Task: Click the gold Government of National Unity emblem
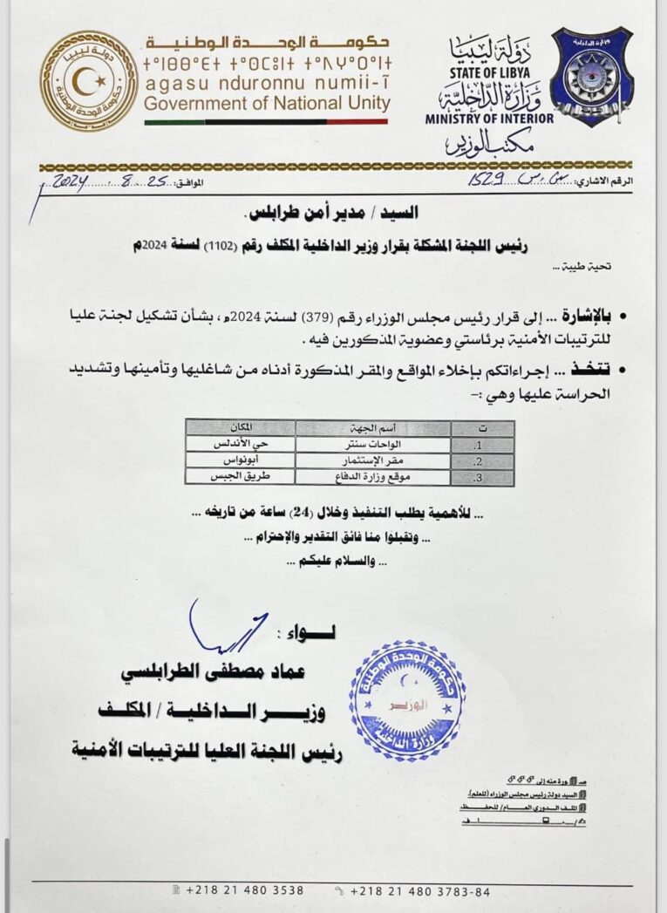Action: (x=88, y=79)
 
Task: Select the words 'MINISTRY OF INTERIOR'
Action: (x=489, y=118)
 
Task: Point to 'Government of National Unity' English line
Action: (x=267, y=104)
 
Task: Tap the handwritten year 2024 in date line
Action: (x=78, y=181)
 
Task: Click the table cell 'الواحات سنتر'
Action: (x=372, y=444)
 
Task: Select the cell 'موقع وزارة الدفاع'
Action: (x=372, y=476)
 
